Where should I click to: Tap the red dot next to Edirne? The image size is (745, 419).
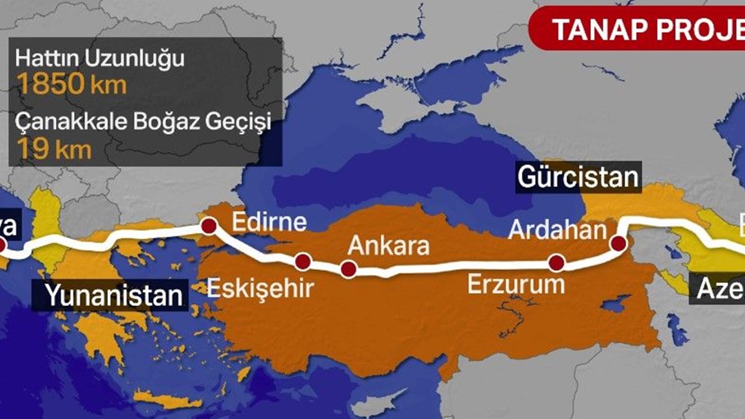pos(209,227)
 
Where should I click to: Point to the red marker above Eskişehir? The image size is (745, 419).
pos(302,262)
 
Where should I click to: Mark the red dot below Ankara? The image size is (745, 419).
pos(348,269)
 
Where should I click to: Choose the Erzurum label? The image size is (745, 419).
pos(515,285)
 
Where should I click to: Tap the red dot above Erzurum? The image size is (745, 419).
pos(556,264)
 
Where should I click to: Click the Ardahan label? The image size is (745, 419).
pos(556,230)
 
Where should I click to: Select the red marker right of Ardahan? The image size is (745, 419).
pos(618,243)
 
